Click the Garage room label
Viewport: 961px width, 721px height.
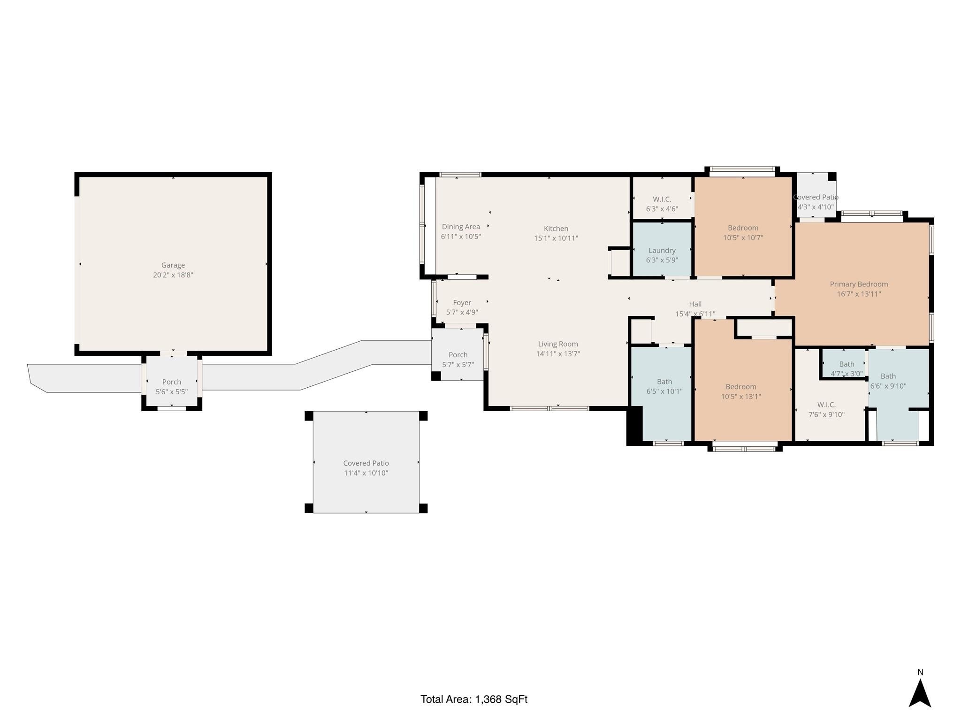coord(173,265)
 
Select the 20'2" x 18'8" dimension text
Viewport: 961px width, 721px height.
coord(173,275)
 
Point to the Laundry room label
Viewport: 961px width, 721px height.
coord(662,251)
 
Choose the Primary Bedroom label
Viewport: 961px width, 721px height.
coord(859,284)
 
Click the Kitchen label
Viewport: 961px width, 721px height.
coord(556,229)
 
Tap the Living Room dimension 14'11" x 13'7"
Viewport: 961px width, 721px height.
coord(558,354)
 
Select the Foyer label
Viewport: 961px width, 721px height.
coord(462,303)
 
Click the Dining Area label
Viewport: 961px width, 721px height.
coord(461,227)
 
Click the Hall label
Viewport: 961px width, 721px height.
coord(695,304)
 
